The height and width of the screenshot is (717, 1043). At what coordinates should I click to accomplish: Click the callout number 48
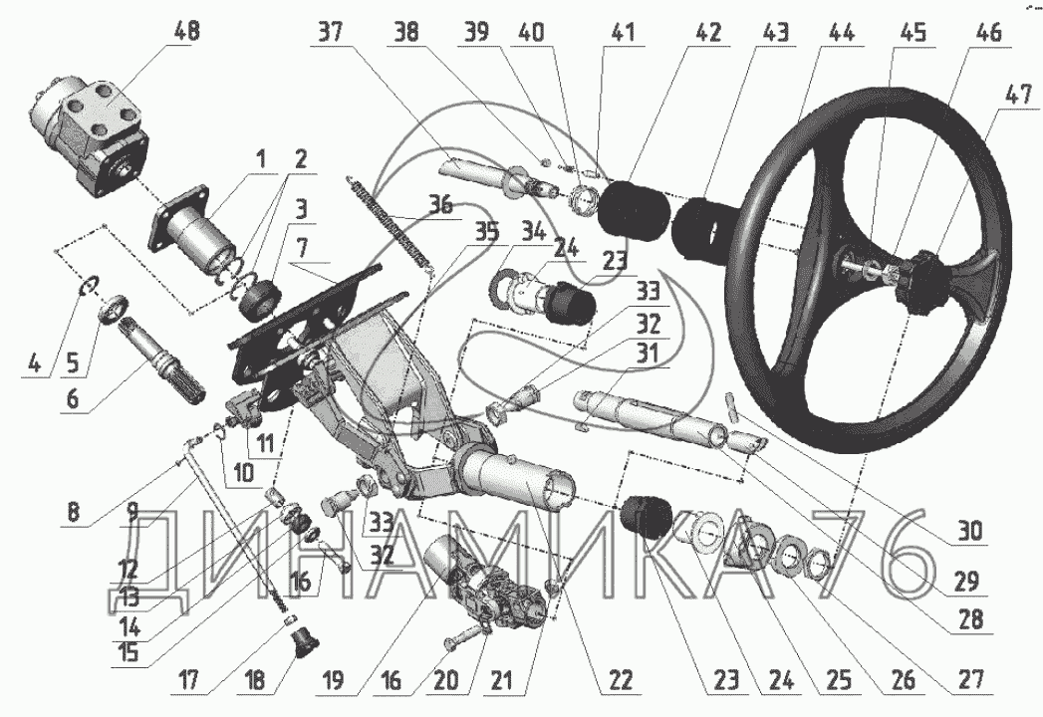pos(186,32)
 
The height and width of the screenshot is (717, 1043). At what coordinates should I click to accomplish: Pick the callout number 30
pos(963,531)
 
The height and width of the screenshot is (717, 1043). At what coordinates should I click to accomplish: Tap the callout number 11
pos(262,438)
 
